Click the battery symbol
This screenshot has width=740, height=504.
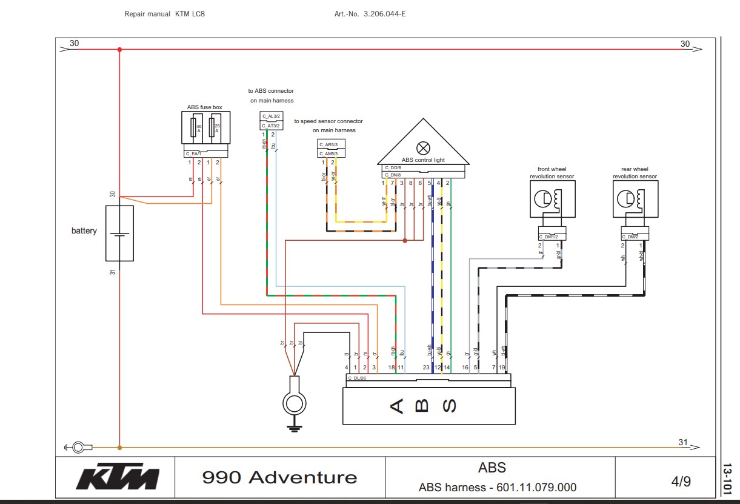[119, 233]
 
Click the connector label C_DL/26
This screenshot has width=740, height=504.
[357, 377]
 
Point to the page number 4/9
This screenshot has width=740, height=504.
[681, 482]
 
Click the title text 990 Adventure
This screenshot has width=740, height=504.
[279, 477]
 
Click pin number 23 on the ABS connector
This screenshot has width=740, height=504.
[426, 368]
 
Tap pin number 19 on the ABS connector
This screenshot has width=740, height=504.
[502, 368]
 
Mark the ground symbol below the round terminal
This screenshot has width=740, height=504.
[294, 428]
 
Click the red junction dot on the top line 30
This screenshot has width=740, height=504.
[119, 50]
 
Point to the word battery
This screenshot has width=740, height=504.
[84, 231]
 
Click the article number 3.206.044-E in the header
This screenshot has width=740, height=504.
[384, 13]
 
